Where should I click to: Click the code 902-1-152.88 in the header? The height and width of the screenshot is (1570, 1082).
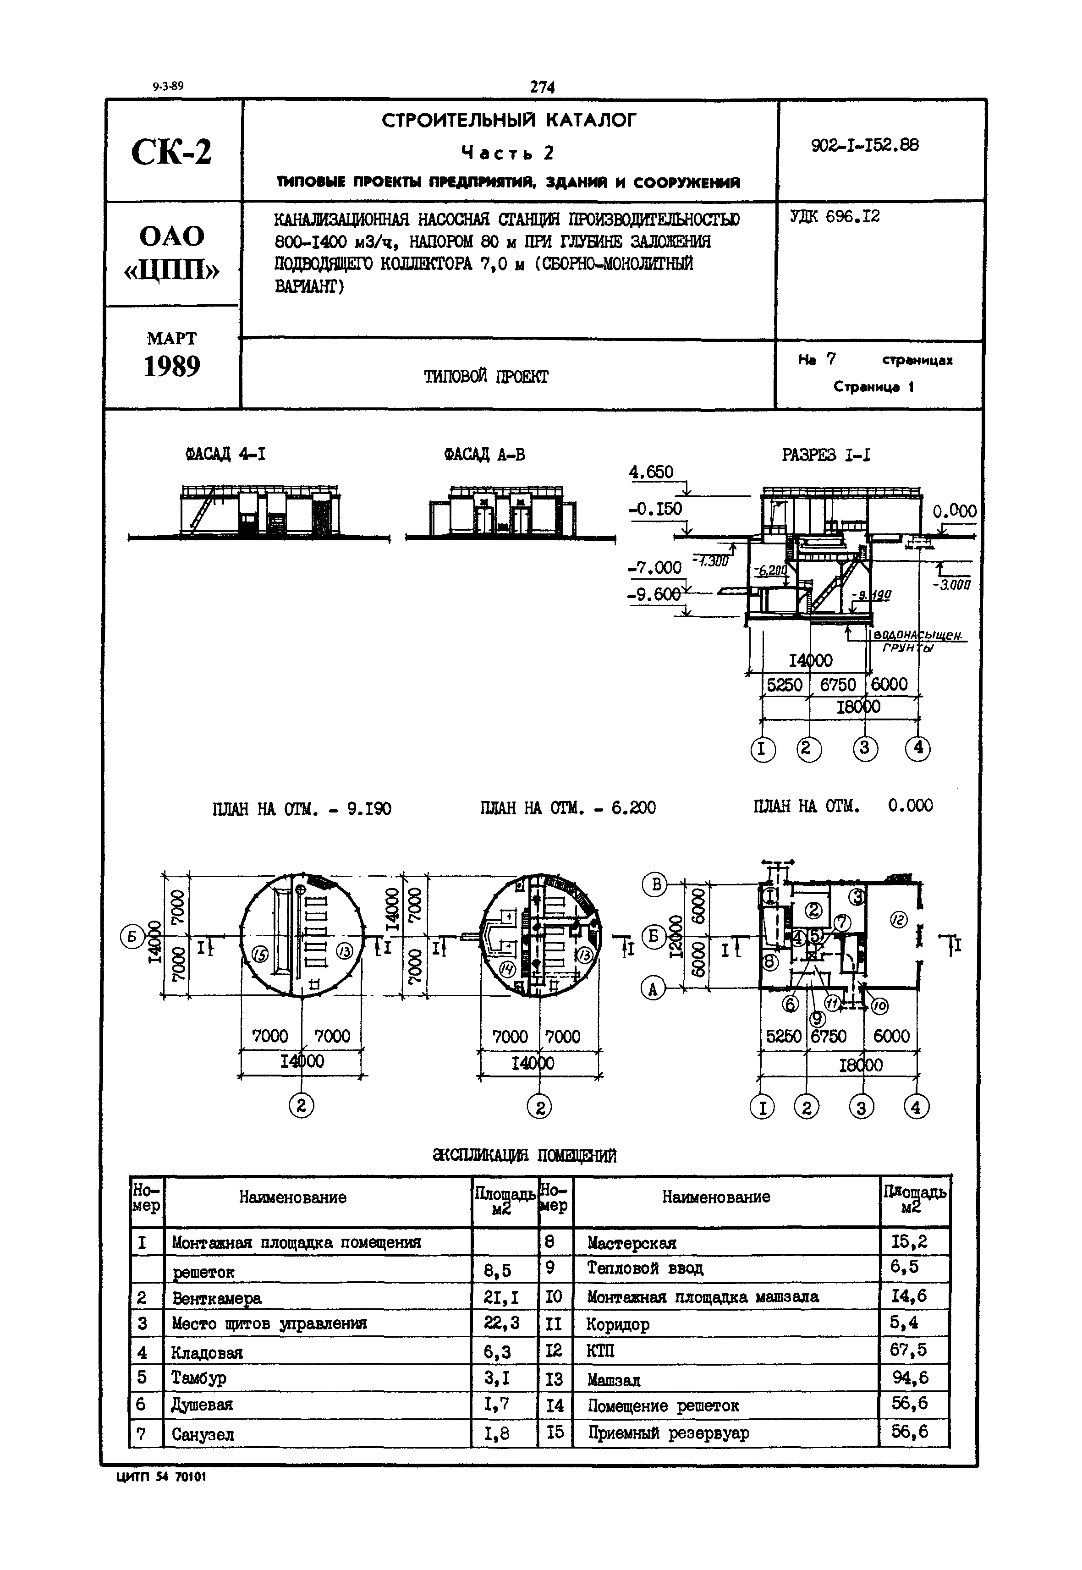(x=865, y=145)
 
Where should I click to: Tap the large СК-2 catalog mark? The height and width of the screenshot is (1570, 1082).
(x=171, y=151)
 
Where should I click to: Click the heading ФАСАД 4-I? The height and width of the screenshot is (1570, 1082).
(x=226, y=454)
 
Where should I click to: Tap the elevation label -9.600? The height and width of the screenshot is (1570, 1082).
(x=654, y=594)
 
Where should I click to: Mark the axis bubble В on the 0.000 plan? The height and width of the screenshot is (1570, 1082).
(x=654, y=884)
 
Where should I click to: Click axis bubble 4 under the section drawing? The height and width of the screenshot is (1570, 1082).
(x=918, y=748)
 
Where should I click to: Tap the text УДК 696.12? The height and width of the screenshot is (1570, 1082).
(x=835, y=217)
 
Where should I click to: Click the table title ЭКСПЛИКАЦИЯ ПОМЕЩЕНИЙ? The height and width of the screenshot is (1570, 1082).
(x=525, y=1155)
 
